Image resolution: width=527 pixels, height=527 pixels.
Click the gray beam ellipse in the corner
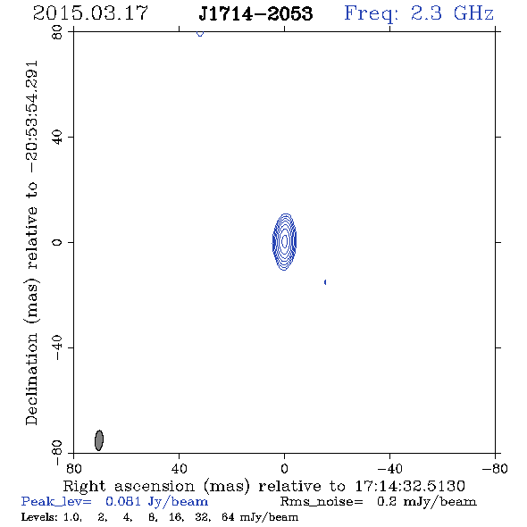(x=99, y=440)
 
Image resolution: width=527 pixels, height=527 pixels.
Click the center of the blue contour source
(x=284, y=242)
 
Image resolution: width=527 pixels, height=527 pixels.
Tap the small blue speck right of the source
(x=325, y=282)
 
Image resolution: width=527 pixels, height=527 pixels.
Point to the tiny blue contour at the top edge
(x=200, y=34)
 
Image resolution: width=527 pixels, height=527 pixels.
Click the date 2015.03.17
(x=90, y=13)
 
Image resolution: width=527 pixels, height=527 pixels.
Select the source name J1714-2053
(x=255, y=13)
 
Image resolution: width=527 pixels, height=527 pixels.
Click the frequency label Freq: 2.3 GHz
(x=419, y=13)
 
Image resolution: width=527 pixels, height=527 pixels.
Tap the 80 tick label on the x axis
(x=73, y=469)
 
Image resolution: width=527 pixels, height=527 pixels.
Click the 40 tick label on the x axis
(x=179, y=469)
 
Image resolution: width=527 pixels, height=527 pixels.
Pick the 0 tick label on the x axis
(x=284, y=469)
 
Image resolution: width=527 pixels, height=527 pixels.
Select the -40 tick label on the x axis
(x=389, y=469)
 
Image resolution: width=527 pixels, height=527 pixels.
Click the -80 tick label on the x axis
(x=495, y=469)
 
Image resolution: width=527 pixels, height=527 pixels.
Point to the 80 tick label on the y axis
(x=57, y=32)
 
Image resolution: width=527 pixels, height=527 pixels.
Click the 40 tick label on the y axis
(x=57, y=138)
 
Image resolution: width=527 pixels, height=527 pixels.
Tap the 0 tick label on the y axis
(x=57, y=242)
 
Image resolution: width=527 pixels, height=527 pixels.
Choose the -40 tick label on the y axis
(x=57, y=347)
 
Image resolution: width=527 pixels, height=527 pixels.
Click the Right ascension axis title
(x=263, y=486)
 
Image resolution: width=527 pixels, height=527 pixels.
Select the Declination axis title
(x=31, y=243)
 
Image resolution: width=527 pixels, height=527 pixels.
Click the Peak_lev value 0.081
(x=123, y=501)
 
